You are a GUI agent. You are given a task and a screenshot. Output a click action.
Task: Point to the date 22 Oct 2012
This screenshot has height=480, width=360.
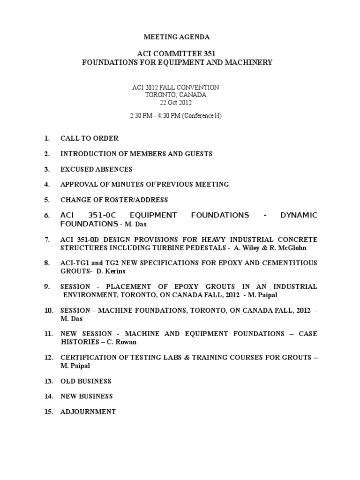176,102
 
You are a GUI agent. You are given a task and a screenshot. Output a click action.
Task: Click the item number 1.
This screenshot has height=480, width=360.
46,138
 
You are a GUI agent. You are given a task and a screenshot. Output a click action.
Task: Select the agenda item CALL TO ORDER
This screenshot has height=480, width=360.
89,138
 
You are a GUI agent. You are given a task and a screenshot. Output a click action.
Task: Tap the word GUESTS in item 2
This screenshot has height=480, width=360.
199,154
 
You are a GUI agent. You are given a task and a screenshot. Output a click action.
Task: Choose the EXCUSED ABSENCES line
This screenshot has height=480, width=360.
96,169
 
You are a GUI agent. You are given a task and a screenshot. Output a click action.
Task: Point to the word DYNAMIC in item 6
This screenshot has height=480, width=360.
298,215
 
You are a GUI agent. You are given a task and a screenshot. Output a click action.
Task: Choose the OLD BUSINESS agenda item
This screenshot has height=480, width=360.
86,381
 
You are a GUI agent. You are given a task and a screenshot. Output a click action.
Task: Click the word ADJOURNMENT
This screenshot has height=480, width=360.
88,412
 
